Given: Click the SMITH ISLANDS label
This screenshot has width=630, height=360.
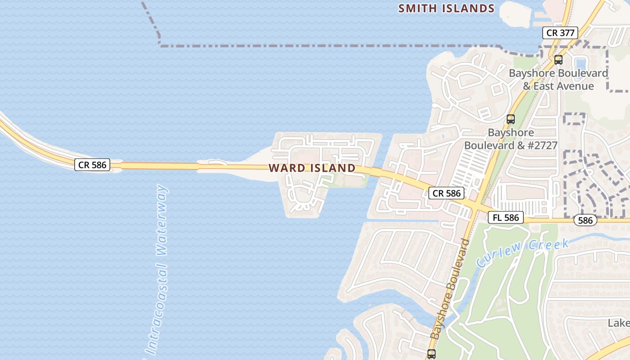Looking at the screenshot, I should [446, 8].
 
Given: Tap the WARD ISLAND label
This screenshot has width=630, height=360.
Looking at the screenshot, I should [312, 168].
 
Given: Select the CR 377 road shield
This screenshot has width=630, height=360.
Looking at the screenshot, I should [560, 33].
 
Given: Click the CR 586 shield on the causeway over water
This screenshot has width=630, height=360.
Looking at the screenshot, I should [92, 165].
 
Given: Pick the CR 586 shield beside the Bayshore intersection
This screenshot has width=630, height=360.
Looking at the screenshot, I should [446, 193].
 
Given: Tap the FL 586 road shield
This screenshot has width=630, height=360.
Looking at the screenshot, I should [506, 218].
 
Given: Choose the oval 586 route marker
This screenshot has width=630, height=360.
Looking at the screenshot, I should [585, 220].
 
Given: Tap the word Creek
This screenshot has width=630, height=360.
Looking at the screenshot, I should [549, 244].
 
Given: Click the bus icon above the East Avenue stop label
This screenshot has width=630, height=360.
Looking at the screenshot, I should [558, 59].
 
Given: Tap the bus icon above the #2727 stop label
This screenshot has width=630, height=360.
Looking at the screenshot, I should [510, 119].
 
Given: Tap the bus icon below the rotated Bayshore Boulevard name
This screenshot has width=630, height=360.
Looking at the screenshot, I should [432, 354].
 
